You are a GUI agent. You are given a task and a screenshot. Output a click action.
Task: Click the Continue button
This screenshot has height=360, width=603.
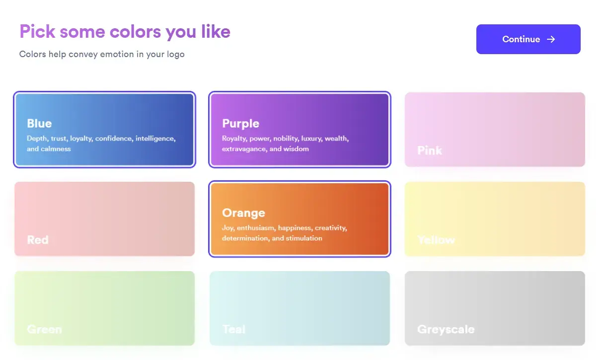coord(528,39)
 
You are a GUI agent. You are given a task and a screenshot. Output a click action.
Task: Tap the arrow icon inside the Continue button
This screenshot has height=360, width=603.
coord(551,39)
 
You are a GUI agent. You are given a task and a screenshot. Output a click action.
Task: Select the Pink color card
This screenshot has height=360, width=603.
coord(495,129)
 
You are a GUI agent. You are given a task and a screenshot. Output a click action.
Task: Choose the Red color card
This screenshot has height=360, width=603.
coord(104,218)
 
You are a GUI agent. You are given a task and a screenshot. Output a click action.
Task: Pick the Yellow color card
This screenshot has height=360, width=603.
coord(495,218)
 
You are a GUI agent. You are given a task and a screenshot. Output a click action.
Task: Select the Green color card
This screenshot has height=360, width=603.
coord(104,308)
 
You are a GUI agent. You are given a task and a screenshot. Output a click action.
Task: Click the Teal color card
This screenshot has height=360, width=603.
coord(300,308)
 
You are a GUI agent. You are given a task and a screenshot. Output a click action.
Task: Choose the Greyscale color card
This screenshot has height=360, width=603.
coord(495,308)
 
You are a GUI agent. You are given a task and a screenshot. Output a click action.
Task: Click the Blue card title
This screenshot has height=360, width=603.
coord(39,123)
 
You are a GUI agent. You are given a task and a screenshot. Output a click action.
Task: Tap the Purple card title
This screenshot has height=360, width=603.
coord(240,123)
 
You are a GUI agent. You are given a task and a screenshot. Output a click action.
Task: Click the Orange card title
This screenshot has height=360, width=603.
coord(243,213)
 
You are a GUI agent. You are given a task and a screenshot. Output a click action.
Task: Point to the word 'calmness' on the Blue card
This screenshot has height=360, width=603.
coord(56,149)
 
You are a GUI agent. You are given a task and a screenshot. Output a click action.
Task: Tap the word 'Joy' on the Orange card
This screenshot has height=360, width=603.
coord(227,228)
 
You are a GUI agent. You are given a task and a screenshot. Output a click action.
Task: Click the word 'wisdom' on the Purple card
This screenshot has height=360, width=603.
coord(296,149)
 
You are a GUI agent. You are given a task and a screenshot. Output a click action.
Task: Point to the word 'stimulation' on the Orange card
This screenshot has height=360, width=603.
coord(304,238)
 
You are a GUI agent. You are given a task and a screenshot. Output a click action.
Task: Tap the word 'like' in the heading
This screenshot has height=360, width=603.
coord(215,32)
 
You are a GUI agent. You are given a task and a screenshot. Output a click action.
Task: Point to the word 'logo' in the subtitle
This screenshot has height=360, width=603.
coord(174,54)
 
